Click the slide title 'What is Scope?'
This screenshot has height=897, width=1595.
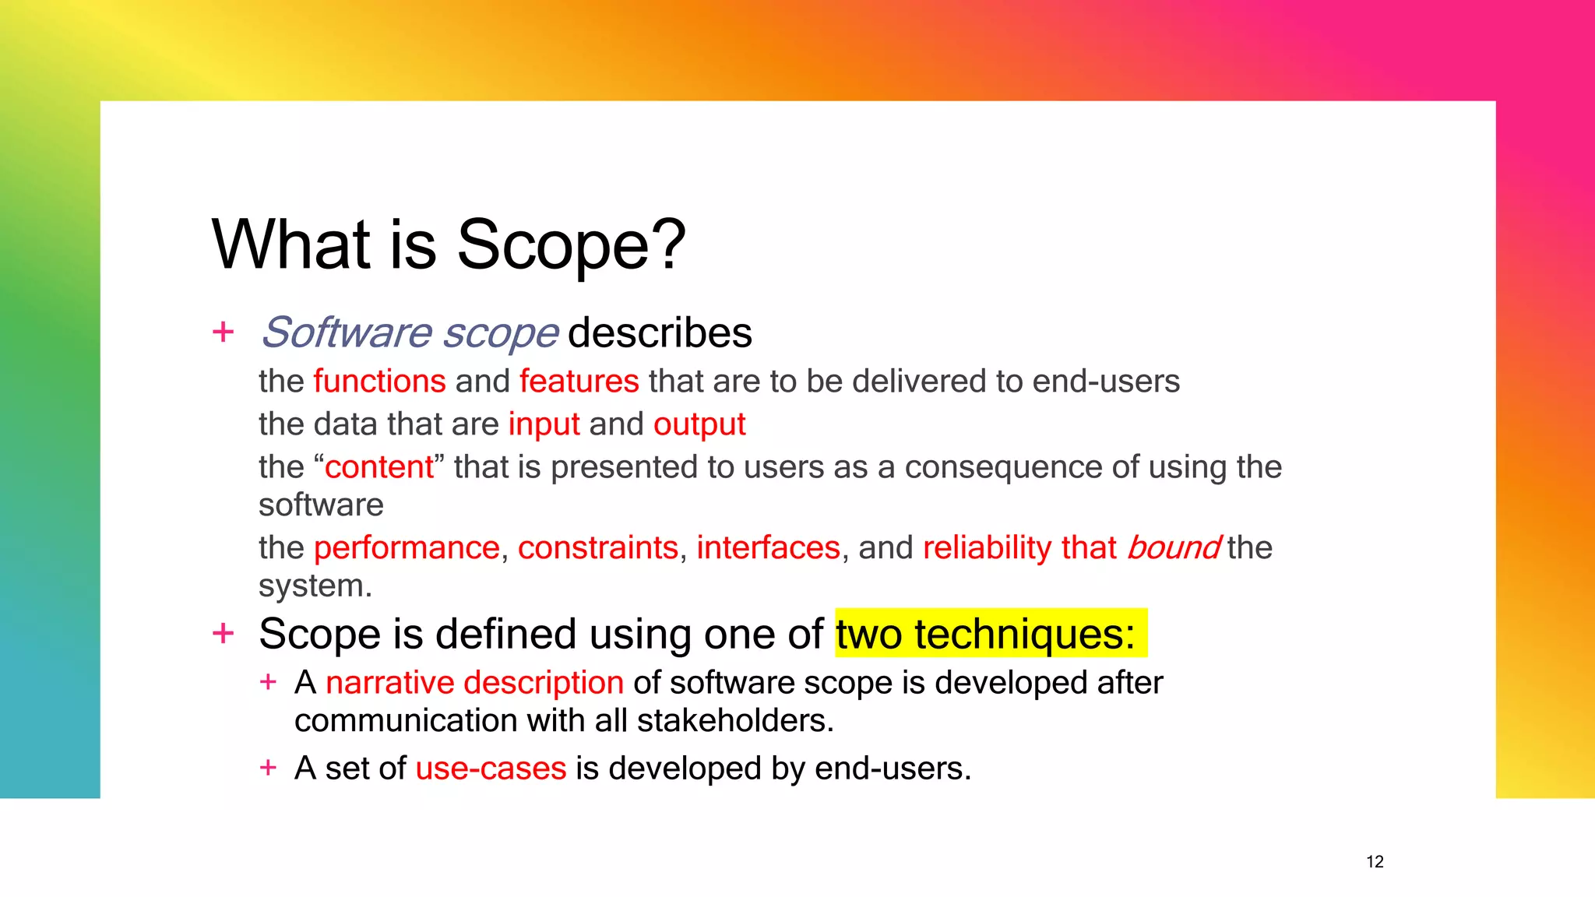coord(449,244)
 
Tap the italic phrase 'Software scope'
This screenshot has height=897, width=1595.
coord(410,333)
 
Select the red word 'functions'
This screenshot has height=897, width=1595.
coord(379,382)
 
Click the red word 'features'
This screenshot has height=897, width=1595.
coord(579,382)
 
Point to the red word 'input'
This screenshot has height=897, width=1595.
coord(544,424)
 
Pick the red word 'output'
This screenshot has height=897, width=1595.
coord(699,424)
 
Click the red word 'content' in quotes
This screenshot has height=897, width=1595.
coord(379,467)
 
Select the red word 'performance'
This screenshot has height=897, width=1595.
coord(406,547)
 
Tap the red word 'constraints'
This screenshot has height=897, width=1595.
coord(597,547)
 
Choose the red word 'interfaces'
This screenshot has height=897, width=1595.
coord(768,547)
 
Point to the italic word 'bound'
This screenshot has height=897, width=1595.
coord(1173,547)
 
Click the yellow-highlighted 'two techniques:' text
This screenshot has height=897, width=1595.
coord(986,634)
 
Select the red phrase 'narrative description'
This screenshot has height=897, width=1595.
coord(474,683)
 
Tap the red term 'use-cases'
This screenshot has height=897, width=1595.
coord(491,769)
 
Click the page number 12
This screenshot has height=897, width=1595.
coord(1375,862)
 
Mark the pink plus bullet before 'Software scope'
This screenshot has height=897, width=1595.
coord(224,332)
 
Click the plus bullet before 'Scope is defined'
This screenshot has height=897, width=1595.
coord(224,633)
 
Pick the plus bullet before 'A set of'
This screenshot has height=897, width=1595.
coord(268,768)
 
